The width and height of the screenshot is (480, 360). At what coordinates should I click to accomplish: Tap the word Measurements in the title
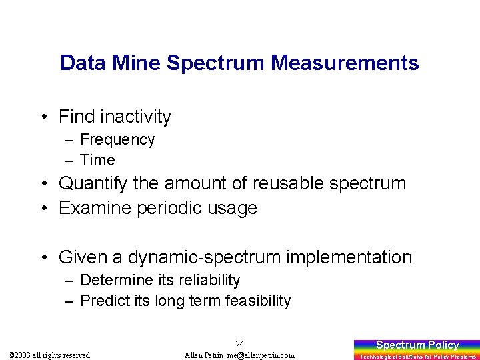(x=345, y=63)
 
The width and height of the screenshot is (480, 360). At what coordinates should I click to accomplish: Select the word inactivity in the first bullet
(x=135, y=117)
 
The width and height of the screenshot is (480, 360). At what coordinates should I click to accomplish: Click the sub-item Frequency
(x=117, y=139)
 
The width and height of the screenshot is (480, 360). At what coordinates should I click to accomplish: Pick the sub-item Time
(x=97, y=160)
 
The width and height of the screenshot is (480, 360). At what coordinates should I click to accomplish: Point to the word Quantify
(x=93, y=183)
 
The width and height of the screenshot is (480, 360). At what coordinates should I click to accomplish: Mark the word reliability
(x=207, y=280)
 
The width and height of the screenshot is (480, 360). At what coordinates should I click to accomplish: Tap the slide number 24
(x=240, y=345)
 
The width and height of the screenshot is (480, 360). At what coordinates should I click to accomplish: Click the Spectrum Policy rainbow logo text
(x=417, y=345)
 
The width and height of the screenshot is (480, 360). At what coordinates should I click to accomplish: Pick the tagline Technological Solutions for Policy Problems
(x=417, y=357)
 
